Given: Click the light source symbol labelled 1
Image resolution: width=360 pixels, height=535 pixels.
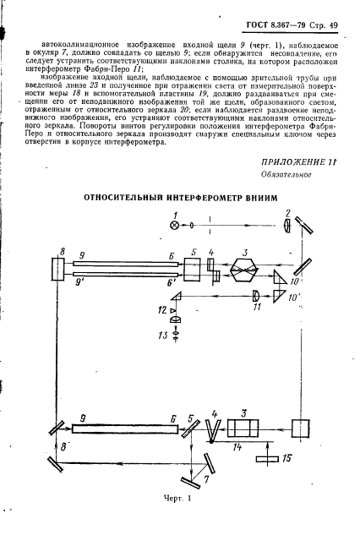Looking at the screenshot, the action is click(175, 226).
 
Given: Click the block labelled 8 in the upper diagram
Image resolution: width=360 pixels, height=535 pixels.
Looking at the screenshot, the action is click(60, 271).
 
